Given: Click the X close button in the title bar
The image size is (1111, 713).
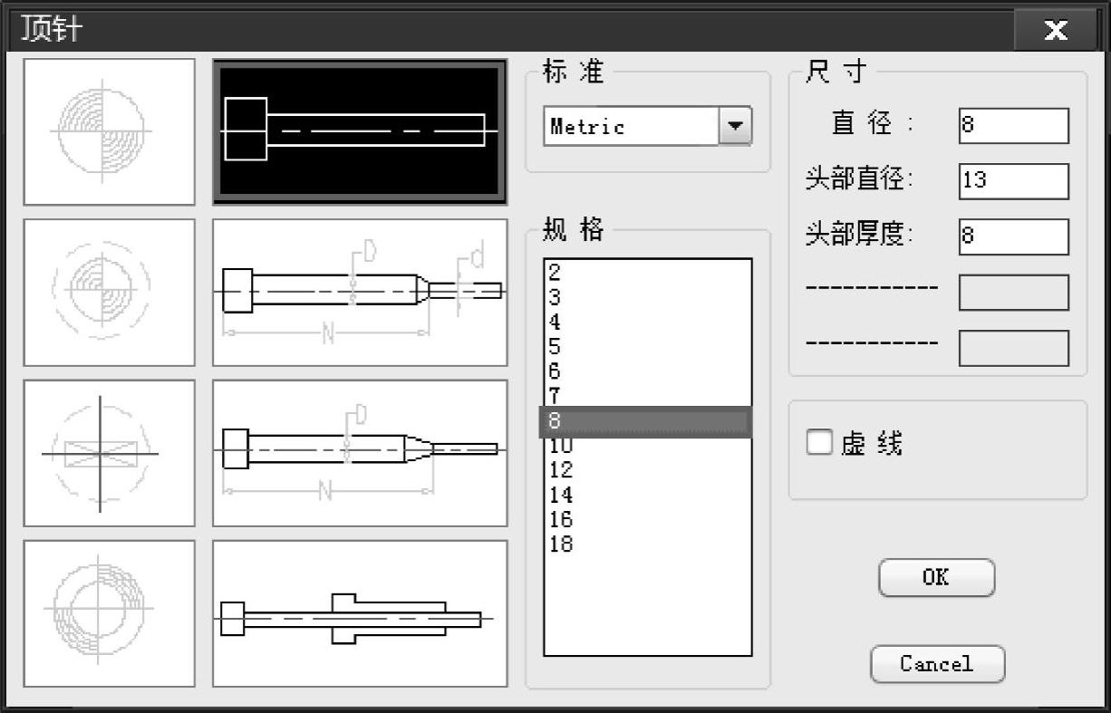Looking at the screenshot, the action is [1056, 31].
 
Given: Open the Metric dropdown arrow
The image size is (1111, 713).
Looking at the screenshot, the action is [735, 126].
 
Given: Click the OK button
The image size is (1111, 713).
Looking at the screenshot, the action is [936, 578].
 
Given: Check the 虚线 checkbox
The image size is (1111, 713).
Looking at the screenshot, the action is [819, 442].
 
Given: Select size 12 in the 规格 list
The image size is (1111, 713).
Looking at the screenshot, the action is [561, 469].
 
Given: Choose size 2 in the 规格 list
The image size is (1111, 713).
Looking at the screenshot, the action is [555, 272].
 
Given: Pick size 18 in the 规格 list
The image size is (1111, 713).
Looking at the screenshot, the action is [561, 544].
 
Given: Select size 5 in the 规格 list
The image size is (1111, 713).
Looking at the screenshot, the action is [555, 346].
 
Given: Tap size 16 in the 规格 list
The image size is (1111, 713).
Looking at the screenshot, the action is [561, 519].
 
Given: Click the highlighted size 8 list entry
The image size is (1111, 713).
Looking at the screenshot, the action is [646, 421].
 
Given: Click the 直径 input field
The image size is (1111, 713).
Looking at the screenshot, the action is [1014, 126].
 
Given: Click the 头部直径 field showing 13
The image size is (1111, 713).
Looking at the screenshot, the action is [1014, 181].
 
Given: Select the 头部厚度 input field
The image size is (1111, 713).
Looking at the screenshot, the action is [1014, 237].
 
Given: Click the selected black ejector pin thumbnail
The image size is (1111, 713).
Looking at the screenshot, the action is [360, 132].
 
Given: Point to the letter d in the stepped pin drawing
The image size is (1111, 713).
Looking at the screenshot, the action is [477, 255].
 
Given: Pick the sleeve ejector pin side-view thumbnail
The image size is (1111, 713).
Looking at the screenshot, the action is [360, 614].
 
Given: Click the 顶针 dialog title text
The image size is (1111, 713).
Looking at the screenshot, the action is [51, 29].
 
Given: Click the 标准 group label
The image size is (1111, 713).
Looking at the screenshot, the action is [573, 71].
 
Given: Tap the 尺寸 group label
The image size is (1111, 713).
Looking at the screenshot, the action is [836, 71].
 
